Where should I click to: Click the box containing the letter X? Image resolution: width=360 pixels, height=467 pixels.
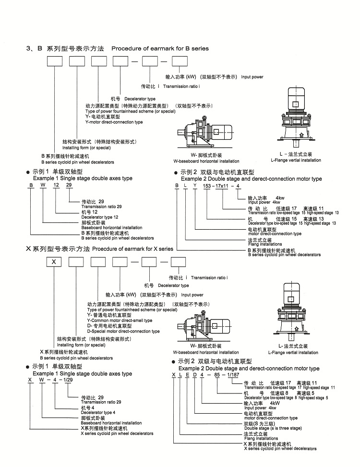[54, 262]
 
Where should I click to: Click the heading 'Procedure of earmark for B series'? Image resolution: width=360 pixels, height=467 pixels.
[160, 49]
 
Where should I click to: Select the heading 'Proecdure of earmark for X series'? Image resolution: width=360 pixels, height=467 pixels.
[132, 249]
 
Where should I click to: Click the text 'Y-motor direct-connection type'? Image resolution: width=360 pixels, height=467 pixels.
[114, 122]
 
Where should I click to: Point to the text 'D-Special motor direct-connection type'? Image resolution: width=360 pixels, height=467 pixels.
[123, 332]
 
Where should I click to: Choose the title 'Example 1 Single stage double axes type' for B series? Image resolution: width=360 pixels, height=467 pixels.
[82, 178]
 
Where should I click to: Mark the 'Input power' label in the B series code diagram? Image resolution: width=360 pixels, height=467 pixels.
[252, 77]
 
